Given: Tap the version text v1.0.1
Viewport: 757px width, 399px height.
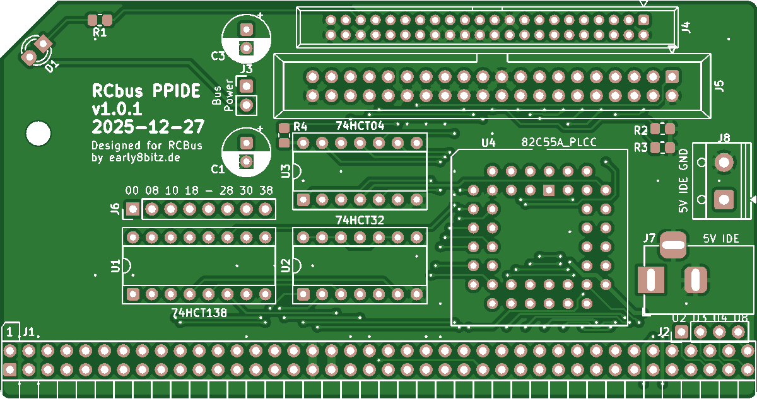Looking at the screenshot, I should tap(117, 108).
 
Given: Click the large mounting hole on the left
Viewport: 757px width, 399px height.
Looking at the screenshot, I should tap(38, 133).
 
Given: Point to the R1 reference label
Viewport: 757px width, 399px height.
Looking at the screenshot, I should tap(100, 32).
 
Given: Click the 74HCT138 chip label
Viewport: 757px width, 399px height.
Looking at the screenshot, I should tap(199, 312).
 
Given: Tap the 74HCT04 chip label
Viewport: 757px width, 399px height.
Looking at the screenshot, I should tap(360, 125).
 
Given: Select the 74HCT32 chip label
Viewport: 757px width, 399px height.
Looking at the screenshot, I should tap(360, 220).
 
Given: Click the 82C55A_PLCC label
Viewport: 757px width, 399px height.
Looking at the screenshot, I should tap(559, 142).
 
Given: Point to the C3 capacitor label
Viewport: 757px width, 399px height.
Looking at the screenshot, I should tap(218, 56).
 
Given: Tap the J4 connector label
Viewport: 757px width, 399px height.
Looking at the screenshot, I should tap(687, 27).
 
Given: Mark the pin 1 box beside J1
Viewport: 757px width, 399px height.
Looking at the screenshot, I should tap(11, 331).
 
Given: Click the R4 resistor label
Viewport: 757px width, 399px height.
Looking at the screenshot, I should tap(300, 126).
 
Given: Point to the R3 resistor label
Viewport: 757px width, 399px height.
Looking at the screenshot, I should tap(641, 148).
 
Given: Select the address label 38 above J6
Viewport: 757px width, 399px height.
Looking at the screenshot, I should tap(266, 190).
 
